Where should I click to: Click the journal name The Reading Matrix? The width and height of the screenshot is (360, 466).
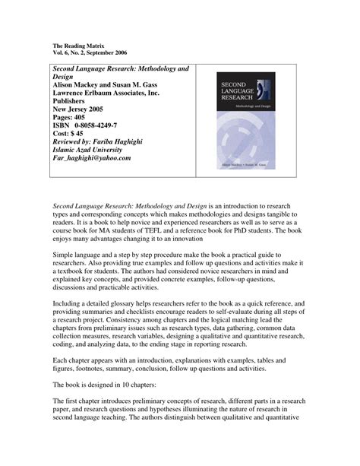[x=82, y=46]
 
